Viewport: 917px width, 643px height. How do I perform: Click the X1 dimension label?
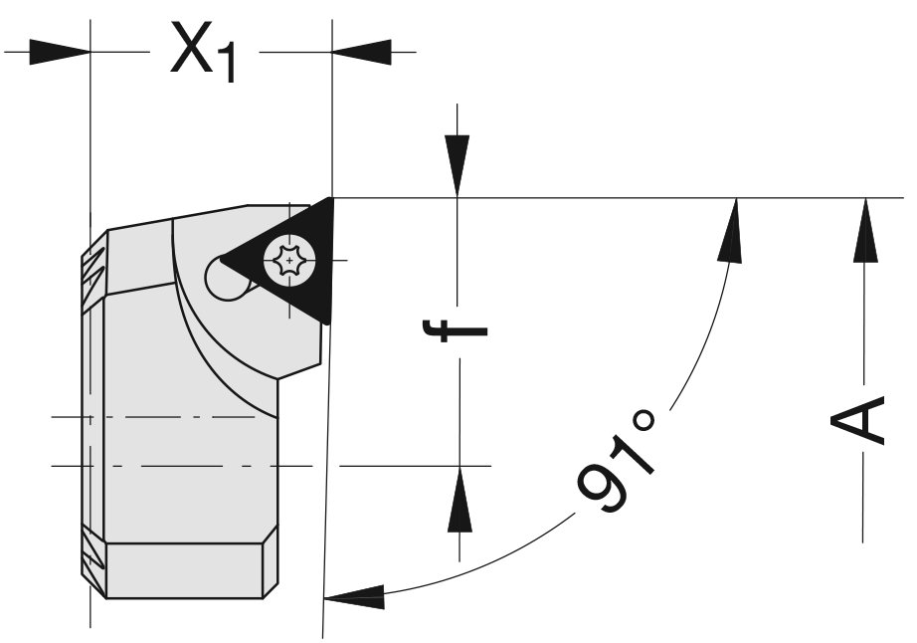(203, 50)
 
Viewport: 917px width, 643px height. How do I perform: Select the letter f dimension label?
(458, 330)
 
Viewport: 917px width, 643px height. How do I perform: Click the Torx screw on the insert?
(287, 262)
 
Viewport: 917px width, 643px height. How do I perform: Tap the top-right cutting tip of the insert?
(329, 201)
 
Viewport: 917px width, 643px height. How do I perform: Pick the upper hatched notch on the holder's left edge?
(92, 265)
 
